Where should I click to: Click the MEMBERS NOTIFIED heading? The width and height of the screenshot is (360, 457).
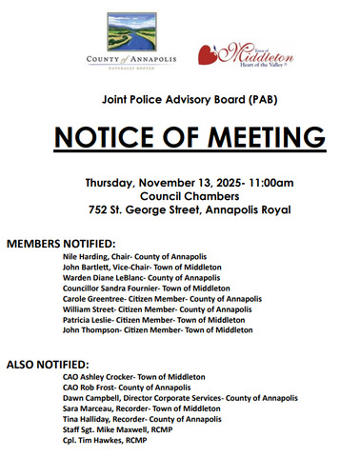point(61,243)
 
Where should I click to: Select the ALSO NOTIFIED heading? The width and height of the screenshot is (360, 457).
point(47,365)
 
